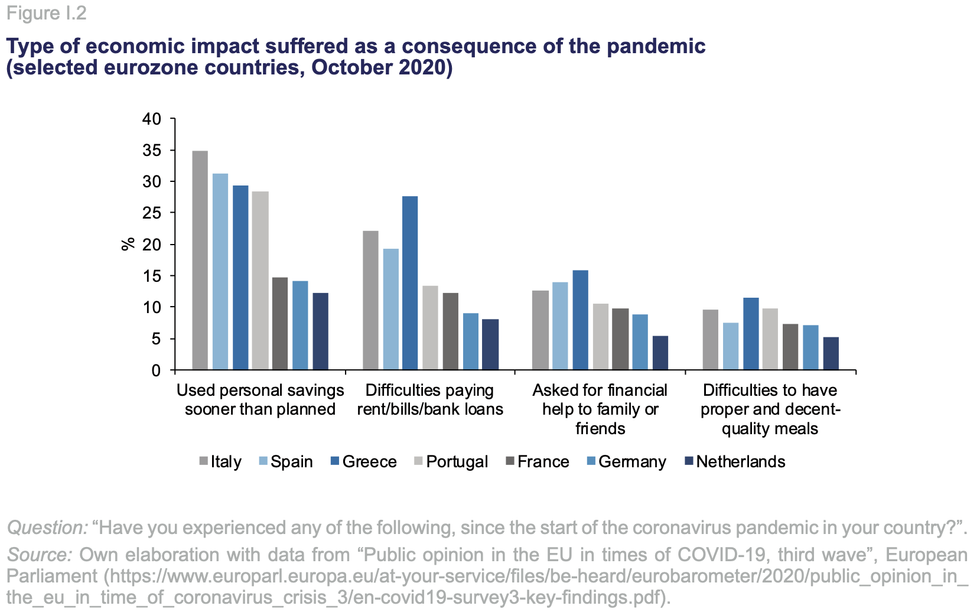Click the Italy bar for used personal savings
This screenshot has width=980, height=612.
[x=200, y=261]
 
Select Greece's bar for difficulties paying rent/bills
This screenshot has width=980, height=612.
[x=410, y=283]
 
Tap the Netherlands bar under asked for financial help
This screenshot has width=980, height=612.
[x=660, y=353]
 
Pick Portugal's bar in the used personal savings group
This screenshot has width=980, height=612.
[x=261, y=281]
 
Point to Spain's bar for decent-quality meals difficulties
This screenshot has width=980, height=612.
[x=731, y=346]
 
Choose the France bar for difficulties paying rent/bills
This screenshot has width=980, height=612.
[x=450, y=331]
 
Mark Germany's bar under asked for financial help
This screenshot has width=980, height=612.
[x=640, y=342]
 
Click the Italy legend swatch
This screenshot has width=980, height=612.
[x=204, y=461]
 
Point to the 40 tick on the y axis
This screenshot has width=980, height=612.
[x=152, y=119]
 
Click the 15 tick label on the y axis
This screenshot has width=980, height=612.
[x=152, y=276]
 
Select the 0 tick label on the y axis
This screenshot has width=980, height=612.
[x=156, y=370]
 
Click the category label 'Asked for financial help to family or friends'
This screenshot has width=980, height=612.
[x=600, y=409]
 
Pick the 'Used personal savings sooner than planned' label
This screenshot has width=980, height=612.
[x=260, y=399]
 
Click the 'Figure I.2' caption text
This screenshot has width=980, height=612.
[x=47, y=13]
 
